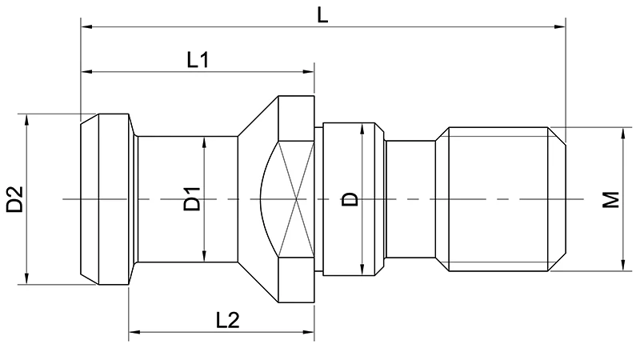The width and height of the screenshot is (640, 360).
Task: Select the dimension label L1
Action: click(x=198, y=60)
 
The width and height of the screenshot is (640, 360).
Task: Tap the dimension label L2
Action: click(x=228, y=319)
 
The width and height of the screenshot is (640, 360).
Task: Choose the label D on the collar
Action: click(x=350, y=199)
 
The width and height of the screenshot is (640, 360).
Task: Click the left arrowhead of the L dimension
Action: click(x=86, y=28)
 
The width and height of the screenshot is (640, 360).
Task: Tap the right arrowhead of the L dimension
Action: click(x=562, y=28)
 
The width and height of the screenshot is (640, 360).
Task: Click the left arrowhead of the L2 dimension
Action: click(x=134, y=330)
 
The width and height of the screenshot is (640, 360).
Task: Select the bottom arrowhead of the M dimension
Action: click(x=622, y=266)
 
